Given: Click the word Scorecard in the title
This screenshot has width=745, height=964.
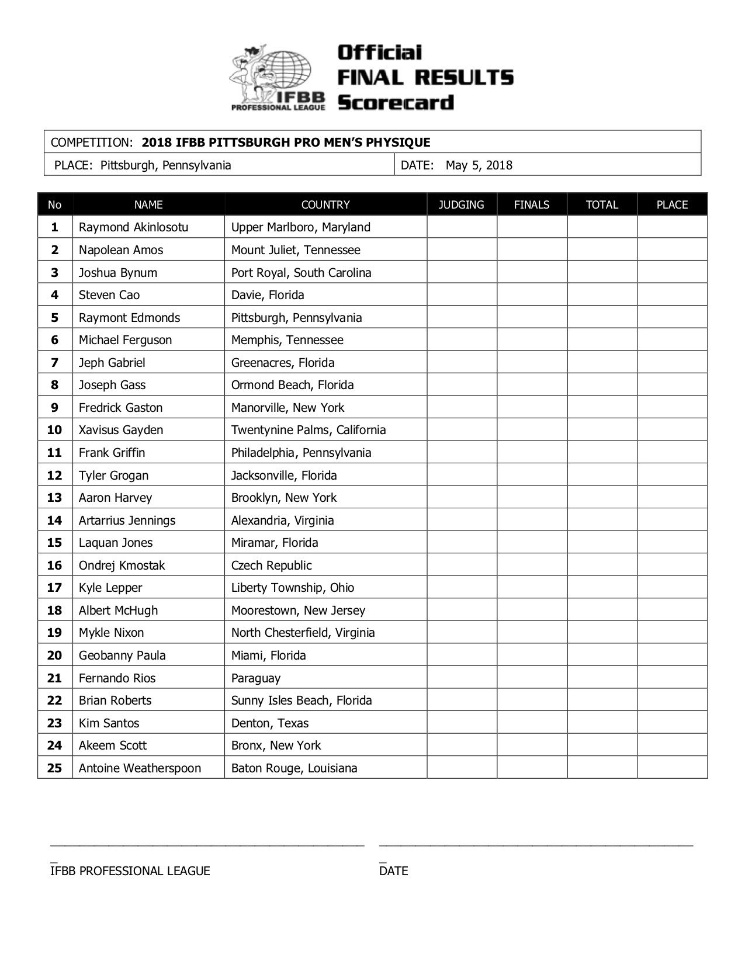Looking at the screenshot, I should (396, 102).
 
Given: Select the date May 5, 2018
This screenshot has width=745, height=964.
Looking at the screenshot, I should (479, 165).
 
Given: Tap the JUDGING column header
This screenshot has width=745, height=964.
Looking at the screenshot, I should (461, 205).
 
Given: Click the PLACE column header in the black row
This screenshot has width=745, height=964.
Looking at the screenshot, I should (672, 205).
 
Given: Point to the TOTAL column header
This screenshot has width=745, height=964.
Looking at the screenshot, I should (602, 205).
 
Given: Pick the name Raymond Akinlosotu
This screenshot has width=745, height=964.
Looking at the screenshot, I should (133, 227).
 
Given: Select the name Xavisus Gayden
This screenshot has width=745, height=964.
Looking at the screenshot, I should (121, 430).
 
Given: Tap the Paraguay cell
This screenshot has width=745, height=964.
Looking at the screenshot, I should (255, 678).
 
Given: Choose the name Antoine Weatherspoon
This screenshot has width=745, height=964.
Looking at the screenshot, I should (140, 768).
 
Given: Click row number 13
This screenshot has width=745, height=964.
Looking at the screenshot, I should (54, 498).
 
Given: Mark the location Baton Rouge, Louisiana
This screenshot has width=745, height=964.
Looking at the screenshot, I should (294, 768).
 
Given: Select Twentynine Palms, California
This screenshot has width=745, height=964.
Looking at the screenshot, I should (308, 430).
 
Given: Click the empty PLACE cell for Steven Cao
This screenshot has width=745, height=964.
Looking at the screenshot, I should (672, 295).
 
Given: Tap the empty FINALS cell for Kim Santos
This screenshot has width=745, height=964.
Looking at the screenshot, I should (532, 723).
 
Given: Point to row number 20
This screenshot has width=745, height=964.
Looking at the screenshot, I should (54, 656).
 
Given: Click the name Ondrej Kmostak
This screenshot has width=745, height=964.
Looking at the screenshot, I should (122, 566).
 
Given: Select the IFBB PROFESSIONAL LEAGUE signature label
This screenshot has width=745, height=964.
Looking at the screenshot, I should (130, 871).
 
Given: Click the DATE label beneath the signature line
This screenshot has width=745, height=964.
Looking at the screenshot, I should (393, 871).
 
